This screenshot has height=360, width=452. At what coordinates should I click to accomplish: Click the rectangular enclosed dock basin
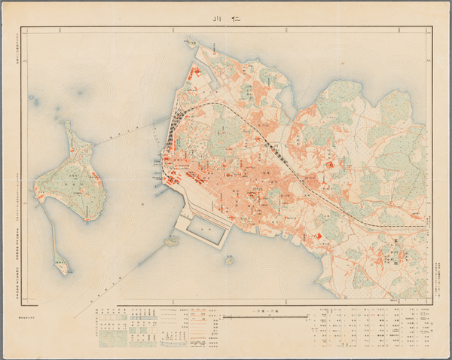(x=203, y=229)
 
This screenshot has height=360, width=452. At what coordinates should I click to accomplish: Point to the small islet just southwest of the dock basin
(x=172, y=242)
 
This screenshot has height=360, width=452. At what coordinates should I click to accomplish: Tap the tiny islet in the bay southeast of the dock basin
(x=229, y=260)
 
